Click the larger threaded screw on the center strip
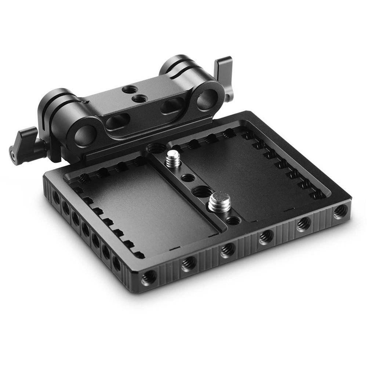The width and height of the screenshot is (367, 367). (x=219, y=202)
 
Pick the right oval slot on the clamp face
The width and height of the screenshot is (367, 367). (x=172, y=106)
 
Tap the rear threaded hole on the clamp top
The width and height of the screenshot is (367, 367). (x=130, y=89)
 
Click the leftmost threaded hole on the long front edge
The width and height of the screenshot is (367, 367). (x=148, y=278)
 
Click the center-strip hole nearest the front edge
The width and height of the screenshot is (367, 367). (x=233, y=221)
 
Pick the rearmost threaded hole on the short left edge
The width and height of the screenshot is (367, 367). (x=56, y=198)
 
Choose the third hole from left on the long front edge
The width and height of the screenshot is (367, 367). (x=228, y=250)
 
